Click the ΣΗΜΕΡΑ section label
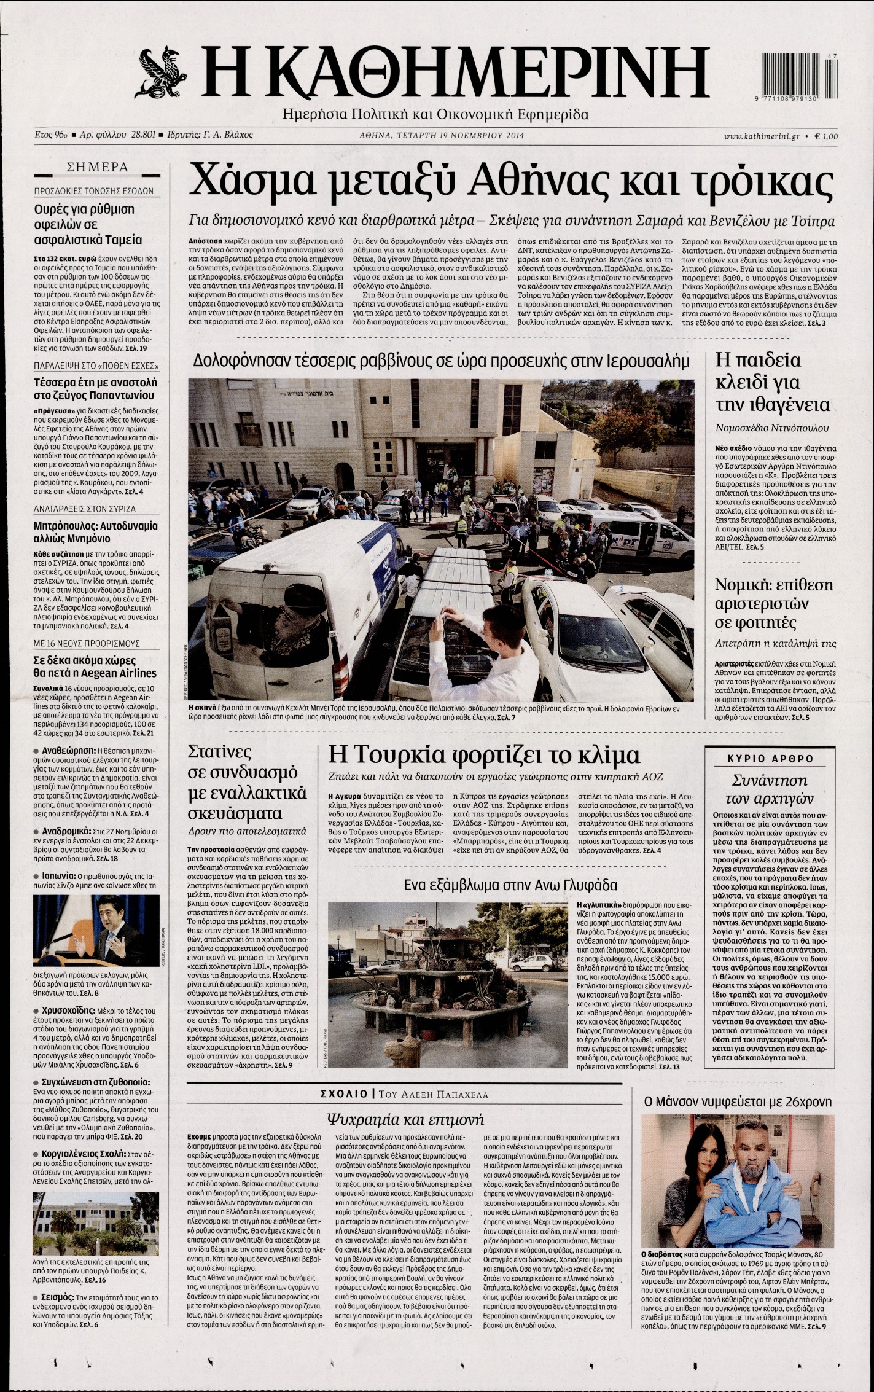pyautogui.click(x=98, y=167)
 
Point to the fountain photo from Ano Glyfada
pyautogui.click(x=448, y=963)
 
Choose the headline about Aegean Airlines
pyautogui.click(x=95, y=667)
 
